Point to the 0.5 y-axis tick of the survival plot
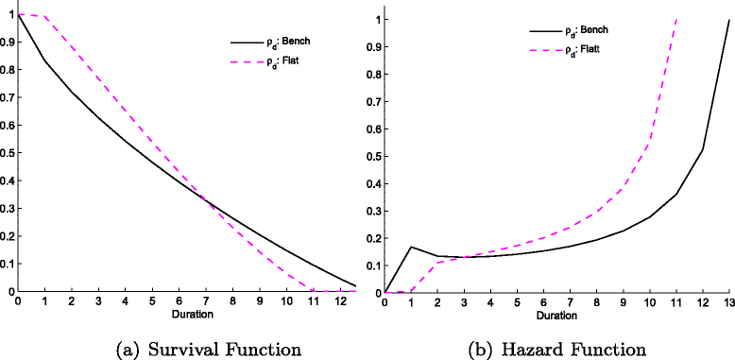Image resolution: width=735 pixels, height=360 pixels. click(x=8, y=153)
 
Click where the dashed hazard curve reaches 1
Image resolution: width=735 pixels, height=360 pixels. click(x=676, y=19)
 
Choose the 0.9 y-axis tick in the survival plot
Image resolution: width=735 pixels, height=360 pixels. click(x=8, y=43)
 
